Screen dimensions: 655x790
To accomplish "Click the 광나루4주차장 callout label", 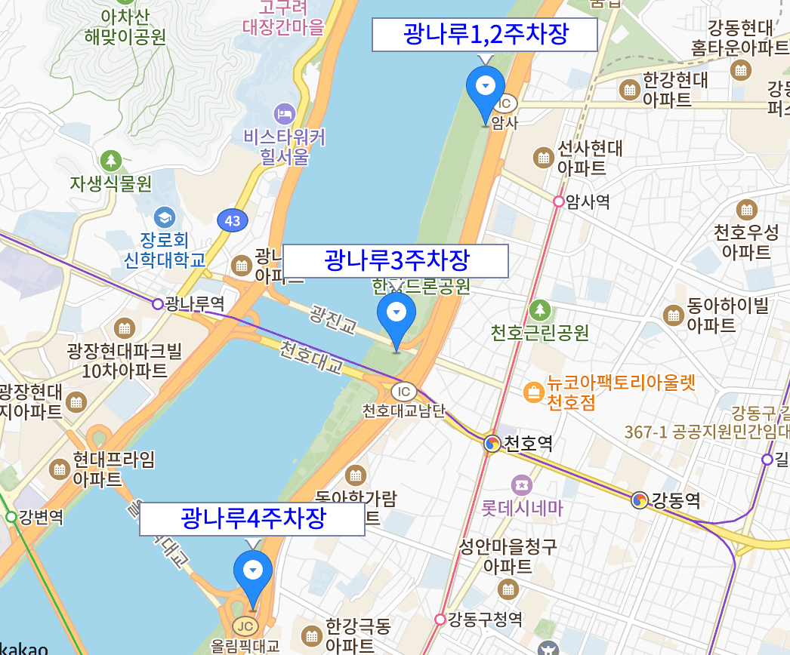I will tap(252, 519).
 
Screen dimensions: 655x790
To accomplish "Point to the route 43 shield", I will tap(233, 221).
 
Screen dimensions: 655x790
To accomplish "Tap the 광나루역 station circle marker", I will tap(157, 304).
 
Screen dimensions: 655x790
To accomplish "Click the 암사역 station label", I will tap(587, 201).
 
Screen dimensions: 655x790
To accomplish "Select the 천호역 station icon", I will tap(492, 443).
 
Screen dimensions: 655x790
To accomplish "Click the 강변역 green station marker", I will tap(11, 517).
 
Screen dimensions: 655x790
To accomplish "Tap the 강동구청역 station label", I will tap(484, 620).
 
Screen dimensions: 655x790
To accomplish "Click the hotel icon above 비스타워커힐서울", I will tap(285, 114).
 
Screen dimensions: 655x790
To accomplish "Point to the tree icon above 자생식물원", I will tap(111, 160).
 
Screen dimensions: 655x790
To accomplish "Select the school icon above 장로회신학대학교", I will tap(163, 218).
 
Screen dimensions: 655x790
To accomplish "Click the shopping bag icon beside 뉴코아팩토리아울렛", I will tap(533, 392).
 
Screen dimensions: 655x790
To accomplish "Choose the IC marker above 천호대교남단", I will tap(404, 391).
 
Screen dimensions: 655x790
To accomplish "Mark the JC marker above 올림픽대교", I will tap(244, 626).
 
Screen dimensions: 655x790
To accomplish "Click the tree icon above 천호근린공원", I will tap(539, 309).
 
